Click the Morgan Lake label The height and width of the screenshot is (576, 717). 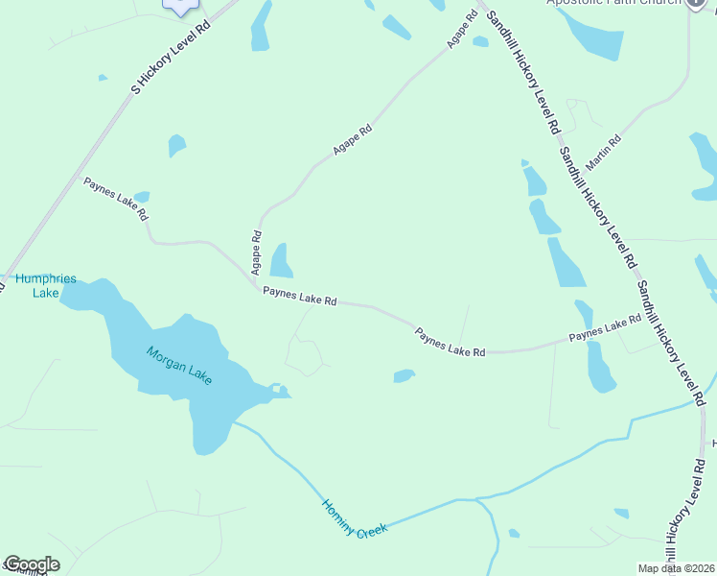click(x=178, y=366)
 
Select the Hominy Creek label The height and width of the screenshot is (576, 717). click(x=354, y=518)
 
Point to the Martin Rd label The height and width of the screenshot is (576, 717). click(x=603, y=152)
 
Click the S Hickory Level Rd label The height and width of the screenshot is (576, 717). click(x=170, y=57)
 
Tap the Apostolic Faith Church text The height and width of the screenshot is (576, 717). click(x=613, y=3)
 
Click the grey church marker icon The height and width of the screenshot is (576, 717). click(x=698, y=3)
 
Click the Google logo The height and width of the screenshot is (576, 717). click(x=31, y=564)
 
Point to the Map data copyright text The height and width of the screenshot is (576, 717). click(x=675, y=568)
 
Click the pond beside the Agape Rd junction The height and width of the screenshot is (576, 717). click(x=281, y=260)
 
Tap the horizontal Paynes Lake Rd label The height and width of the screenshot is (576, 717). click(x=300, y=300)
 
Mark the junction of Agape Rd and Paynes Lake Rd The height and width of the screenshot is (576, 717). click(x=257, y=285)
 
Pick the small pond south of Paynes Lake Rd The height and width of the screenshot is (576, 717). click(x=404, y=375)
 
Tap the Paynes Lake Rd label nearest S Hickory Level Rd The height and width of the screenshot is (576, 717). click(x=116, y=199)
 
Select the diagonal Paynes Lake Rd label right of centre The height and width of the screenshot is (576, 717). click(x=451, y=343)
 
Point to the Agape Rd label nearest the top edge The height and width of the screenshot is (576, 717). click(x=461, y=31)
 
